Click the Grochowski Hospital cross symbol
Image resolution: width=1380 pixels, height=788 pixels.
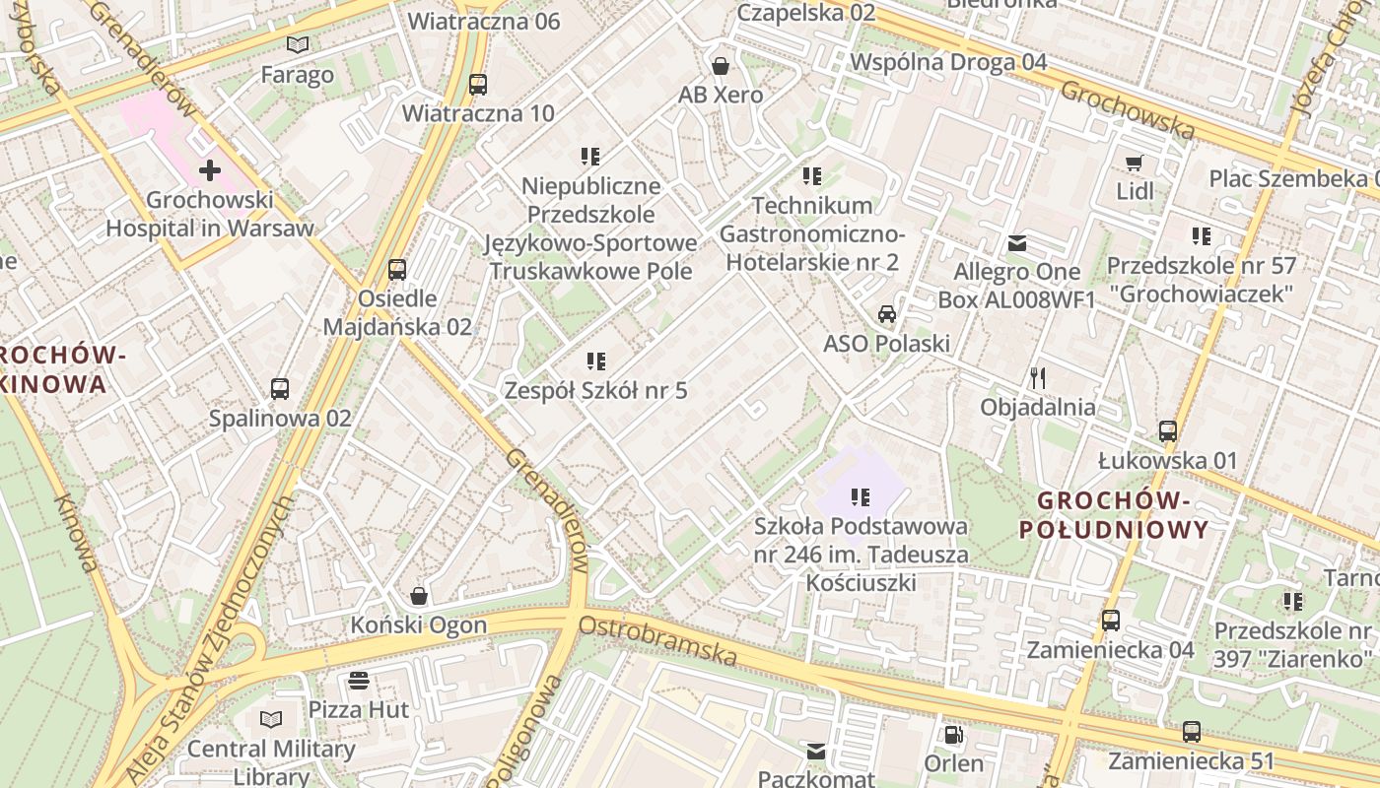point(209,170)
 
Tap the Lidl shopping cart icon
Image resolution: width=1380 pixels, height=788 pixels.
point(1135,163)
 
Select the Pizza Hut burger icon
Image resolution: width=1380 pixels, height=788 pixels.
point(358,681)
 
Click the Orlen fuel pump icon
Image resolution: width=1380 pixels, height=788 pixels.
point(953,735)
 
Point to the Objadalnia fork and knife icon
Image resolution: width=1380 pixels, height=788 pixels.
point(1037,377)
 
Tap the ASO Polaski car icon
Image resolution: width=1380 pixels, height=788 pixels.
point(887,314)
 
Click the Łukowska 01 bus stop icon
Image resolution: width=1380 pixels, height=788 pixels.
point(1168,431)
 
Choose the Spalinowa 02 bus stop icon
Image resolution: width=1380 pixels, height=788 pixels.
point(280,389)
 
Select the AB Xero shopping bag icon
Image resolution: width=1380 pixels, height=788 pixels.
point(721,66)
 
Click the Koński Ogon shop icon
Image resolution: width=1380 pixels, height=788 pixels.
point(419,596)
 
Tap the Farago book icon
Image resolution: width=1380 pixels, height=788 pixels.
point(298,44)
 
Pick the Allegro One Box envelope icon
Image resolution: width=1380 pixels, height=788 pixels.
point(1017,243)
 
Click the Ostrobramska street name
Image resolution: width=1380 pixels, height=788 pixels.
point(657,640)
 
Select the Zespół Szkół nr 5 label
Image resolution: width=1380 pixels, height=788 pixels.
point(595,390)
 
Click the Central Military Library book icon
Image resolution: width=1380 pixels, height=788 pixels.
point(271,720)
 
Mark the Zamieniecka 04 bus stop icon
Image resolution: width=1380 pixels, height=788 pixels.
point(1111,621)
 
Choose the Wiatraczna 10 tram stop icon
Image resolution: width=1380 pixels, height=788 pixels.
point(478,85)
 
